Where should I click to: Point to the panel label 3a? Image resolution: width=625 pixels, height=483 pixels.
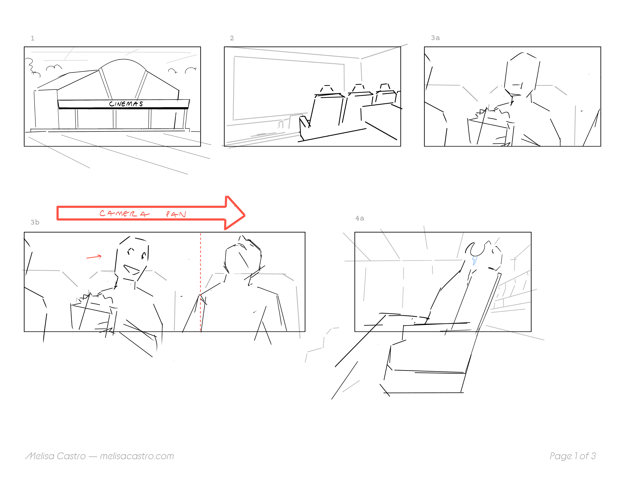coord(435,38)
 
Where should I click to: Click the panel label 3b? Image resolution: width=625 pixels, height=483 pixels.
coord(35,222)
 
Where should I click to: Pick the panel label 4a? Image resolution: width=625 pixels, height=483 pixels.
coord(360,218)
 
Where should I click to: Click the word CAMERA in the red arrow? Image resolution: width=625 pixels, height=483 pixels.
coord(124,213)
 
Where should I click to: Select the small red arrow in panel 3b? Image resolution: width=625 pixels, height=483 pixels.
coord(94,257)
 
